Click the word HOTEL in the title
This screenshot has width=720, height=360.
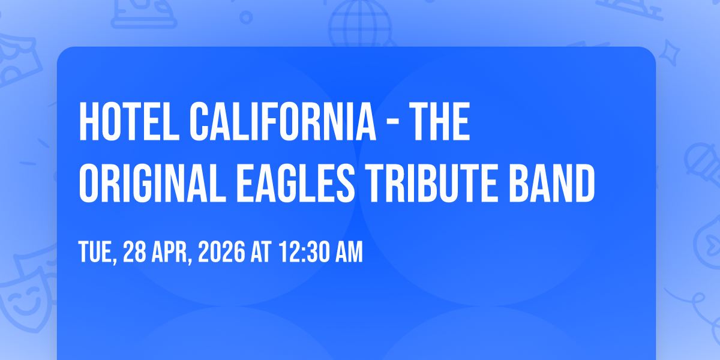(129, 121)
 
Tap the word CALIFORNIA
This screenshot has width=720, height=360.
(283, 121)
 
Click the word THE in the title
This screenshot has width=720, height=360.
(439, 121)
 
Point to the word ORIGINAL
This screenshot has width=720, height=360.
(152, 183)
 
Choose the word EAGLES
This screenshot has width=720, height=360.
(296, 183)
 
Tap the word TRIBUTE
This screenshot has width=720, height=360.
(431, 183)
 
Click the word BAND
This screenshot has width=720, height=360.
(551, 183)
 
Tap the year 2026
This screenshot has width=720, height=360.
(221, 251)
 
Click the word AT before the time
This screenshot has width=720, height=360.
(260, 251)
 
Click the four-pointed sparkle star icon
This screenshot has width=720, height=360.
(670, 53)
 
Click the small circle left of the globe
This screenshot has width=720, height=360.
(246, 17)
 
